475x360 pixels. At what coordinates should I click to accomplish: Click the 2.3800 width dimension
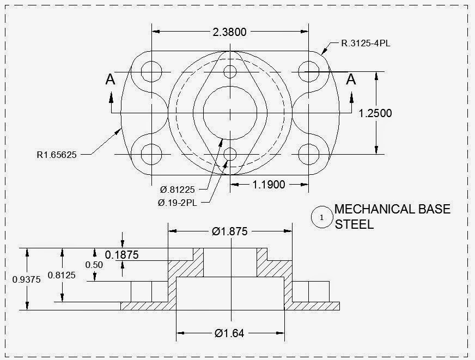229,32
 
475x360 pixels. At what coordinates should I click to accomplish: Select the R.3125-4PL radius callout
366,44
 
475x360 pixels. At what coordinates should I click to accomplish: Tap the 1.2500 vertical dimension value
375,113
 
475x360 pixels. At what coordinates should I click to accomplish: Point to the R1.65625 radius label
57,155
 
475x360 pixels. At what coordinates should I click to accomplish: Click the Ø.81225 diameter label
178,190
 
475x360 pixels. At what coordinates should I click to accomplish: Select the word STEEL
354,224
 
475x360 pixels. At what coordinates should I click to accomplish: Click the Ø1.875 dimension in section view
229,231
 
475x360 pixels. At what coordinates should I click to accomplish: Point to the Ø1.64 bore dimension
229,333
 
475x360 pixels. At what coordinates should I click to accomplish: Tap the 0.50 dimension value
94,265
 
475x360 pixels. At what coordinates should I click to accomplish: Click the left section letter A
110,80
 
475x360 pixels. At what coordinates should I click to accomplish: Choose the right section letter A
351,80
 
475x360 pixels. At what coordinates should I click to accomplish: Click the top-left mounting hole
151,71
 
